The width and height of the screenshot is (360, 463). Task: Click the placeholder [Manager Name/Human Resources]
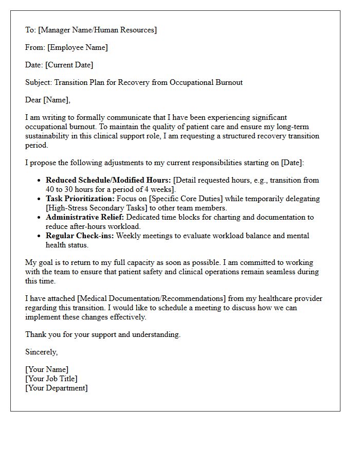coord(97,30)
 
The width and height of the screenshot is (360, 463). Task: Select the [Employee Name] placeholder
coord(78,47)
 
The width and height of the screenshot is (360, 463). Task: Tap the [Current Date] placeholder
coord(69,65)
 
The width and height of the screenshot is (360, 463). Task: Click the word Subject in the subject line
coord(38,82)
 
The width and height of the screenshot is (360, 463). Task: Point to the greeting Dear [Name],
coord(48,100)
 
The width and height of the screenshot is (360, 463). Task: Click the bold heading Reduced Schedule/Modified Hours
coord(108,180)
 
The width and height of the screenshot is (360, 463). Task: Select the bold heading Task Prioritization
coord(80,199)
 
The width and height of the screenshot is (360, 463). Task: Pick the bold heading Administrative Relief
coord(85,217)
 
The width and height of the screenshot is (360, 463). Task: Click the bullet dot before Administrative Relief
coord(39,218)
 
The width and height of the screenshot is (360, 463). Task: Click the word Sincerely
coord(41,352)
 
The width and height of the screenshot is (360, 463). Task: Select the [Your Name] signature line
coord(47,369)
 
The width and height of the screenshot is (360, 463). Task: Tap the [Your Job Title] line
coord(51,379)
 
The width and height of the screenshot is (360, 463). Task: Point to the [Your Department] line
coord(57,388)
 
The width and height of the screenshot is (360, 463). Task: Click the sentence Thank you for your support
coord(103,334)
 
